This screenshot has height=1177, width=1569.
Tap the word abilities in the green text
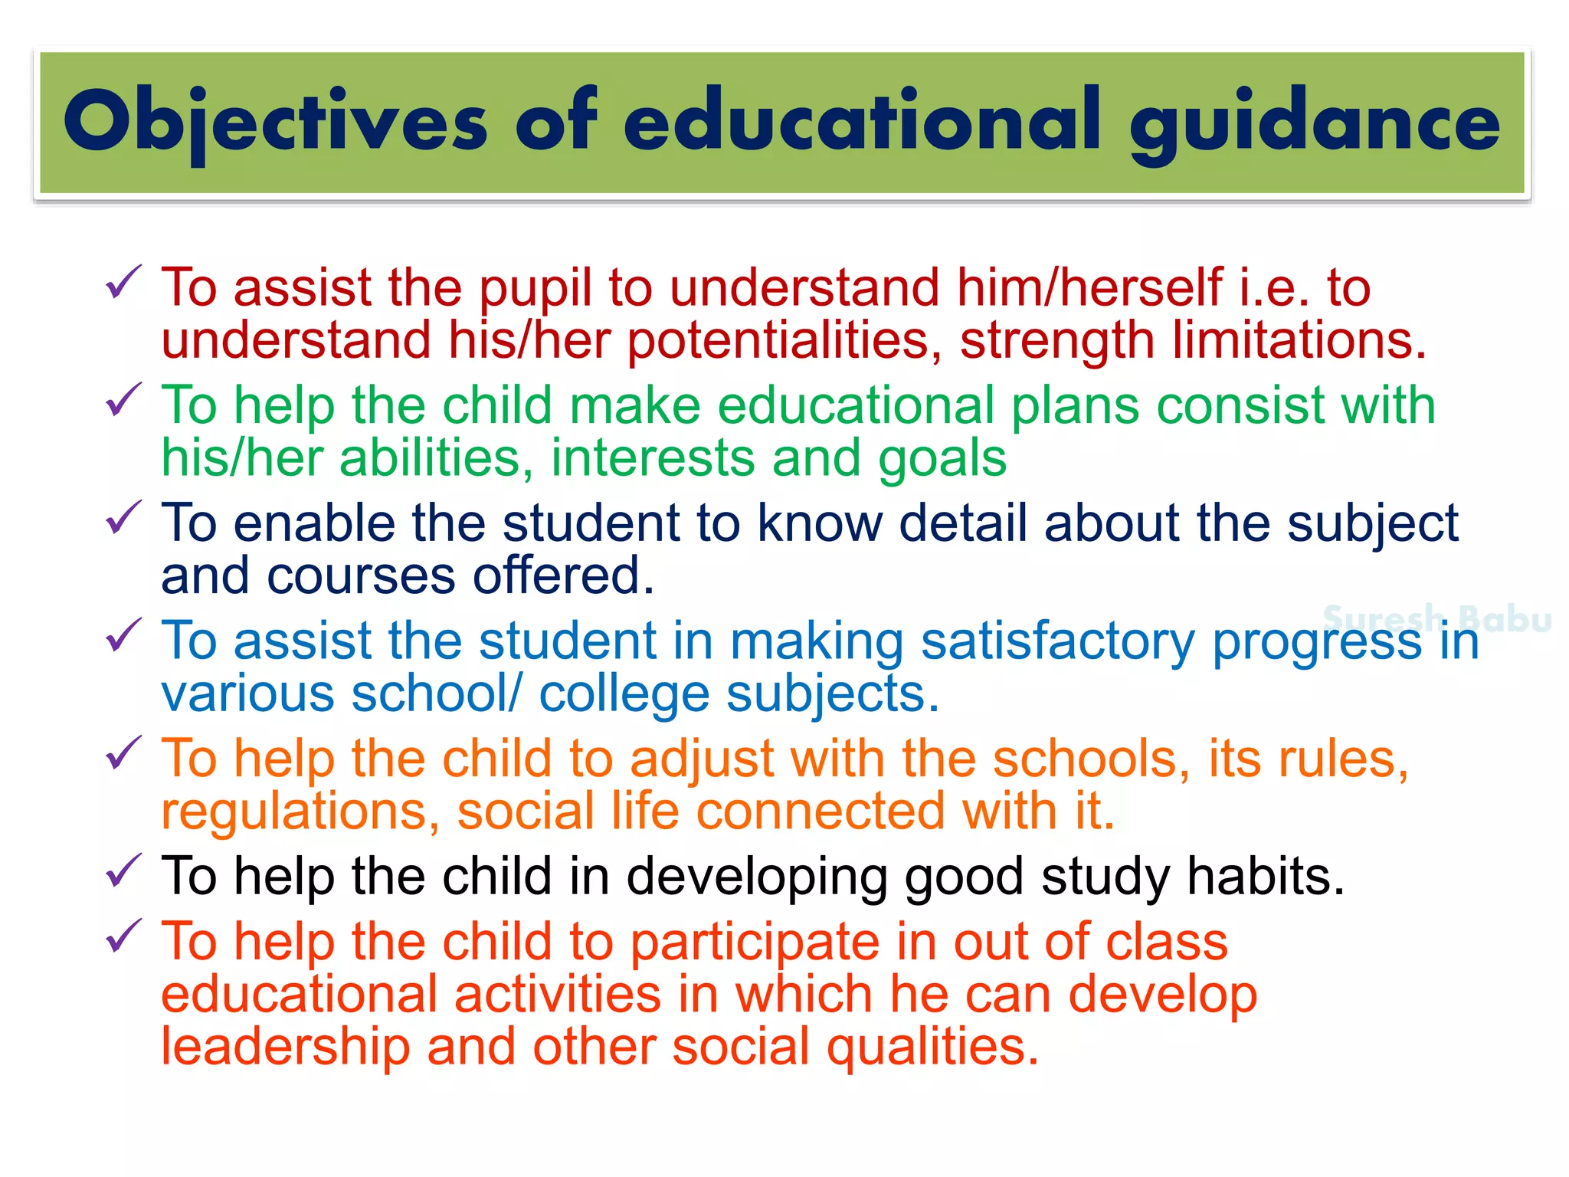coord(436,458)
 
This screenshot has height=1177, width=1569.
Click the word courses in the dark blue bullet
coord(361,576)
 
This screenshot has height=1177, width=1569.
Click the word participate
coord(754,943)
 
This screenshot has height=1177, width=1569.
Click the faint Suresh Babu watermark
coord(1437,619)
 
